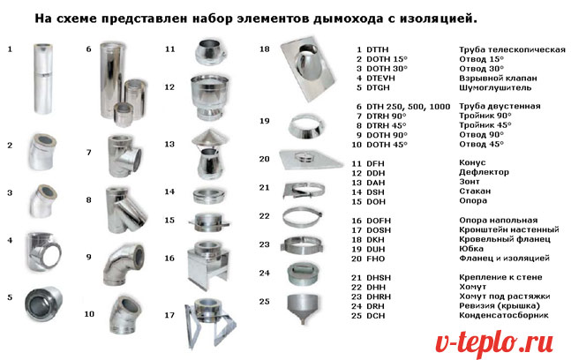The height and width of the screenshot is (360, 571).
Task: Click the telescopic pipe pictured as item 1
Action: tap(43, 79)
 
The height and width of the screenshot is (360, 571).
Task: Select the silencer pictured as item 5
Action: tap(43, 304)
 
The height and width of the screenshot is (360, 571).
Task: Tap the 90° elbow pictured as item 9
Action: tap(124, 266)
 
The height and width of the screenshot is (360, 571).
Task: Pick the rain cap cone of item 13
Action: tap(210, 138)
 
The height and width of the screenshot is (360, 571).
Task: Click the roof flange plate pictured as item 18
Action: tap(308, 68)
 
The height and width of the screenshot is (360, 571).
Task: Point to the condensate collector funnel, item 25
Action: tap(302, 308)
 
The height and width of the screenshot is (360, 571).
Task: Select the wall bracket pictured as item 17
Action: tap(210, 323)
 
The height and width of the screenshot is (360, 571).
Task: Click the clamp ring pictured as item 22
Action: tap(303, 216)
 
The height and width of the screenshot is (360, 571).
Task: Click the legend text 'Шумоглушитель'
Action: tap(495, 87)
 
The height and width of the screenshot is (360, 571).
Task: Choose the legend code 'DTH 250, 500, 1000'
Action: tap(409, 107)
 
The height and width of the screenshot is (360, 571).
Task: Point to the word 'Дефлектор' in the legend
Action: tap(484, 172)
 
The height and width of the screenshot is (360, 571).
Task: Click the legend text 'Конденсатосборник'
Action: tap(504, 315)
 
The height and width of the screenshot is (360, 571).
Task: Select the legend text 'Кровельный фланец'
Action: tap(504, 239)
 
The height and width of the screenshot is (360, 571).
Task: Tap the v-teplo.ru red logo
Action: tap(494, 343)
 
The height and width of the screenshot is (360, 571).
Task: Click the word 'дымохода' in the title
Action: tap(348, 19)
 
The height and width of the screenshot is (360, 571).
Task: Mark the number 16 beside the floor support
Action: tap(169, 258)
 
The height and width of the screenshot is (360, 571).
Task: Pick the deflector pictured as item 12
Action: tap(209, 97)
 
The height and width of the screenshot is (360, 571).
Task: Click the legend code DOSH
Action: tap(379, 230)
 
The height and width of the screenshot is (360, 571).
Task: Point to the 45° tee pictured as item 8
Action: tap(126, 210)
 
